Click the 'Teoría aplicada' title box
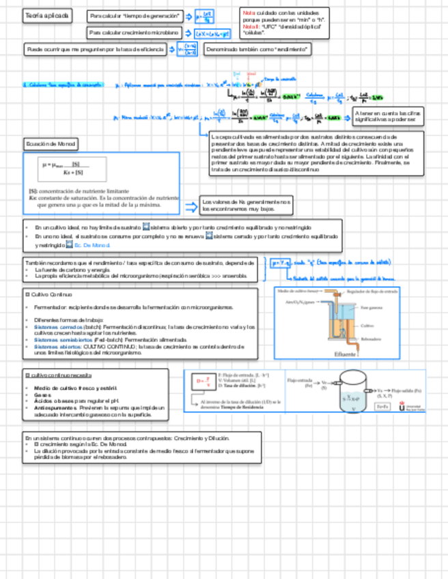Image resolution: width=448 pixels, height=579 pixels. click(46, 16)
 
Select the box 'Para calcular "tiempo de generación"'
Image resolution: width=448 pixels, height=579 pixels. click(136, 15)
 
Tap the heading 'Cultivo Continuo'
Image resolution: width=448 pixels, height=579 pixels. click(48, 294)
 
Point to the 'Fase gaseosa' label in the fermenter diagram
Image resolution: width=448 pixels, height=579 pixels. click(372, 307)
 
